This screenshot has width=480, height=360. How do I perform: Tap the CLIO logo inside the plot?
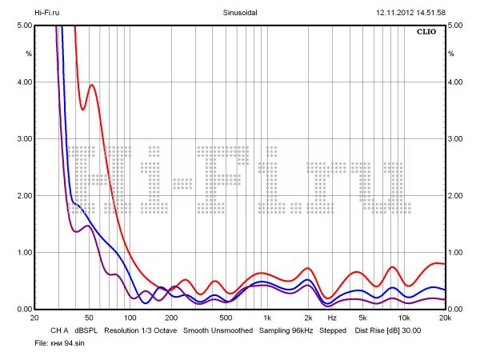427,33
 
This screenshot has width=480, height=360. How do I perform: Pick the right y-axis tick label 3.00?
456,139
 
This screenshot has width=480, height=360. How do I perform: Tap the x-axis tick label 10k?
404,318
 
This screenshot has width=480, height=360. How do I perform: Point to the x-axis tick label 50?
90,318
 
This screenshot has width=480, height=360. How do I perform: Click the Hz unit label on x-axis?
332,318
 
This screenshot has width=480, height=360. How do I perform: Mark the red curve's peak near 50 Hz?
92,85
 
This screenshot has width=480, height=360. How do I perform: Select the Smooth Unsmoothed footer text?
218,330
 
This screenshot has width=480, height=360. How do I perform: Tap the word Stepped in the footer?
333,330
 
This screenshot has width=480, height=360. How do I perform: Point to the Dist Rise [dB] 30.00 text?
388,330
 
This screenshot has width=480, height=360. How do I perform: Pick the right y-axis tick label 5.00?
456,26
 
